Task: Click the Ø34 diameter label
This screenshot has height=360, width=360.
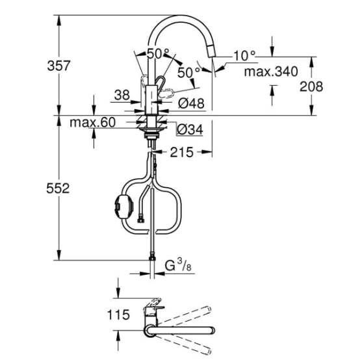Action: coord(189,131)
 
